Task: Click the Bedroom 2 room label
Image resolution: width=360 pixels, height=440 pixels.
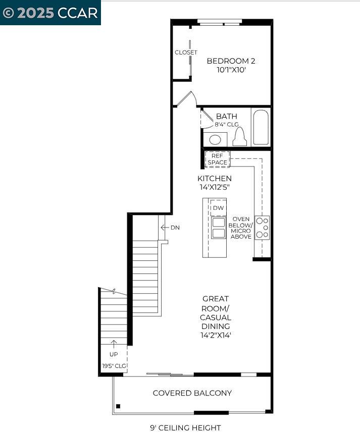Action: [231, 61]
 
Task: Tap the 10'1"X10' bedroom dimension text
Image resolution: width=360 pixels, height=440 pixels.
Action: [231, 70]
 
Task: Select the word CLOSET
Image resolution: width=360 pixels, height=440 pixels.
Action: [186, 52]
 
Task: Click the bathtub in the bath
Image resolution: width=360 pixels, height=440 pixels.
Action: [261, 127]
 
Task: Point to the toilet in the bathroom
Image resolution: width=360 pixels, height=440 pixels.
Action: [239, 137]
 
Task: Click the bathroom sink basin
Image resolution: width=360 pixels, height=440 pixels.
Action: [215, 139]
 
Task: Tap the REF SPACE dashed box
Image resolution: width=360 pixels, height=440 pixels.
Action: [218, 159]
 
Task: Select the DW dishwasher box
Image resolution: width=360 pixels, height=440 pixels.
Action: [218, 208]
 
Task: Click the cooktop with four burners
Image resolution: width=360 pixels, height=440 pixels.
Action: [262, 228]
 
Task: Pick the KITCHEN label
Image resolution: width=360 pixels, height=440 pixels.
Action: [215, 179]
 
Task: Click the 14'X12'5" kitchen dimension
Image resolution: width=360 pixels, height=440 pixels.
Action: [215, 187]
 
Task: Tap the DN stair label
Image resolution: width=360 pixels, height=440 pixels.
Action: [175, 228]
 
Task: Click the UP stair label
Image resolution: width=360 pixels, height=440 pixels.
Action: [114, 354]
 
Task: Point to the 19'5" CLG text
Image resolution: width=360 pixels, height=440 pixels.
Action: [114, 366]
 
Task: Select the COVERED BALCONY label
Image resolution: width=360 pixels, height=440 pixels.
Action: [192, 393]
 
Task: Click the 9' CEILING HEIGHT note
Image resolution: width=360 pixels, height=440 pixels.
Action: [185, 428]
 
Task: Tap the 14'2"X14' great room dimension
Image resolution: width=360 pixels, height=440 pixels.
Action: [215, 335]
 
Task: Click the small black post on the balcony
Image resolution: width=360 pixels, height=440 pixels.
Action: [118, 406]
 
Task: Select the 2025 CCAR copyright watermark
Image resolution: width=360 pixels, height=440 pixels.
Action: [50, 13]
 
